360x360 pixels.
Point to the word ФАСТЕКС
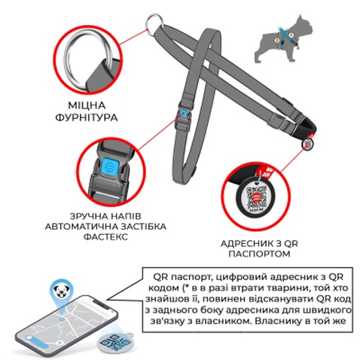(x=105, y=236)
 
